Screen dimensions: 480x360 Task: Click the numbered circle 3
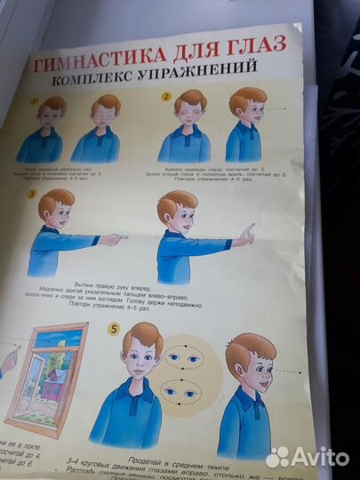[32, 194]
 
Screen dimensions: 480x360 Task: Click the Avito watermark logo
[306, 457]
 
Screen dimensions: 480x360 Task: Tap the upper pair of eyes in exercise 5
[185, 359]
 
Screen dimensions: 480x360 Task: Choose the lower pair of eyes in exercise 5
[185, 391]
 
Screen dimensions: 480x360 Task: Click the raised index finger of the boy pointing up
[250, 228]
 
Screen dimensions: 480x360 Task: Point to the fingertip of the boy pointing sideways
[124, 238]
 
